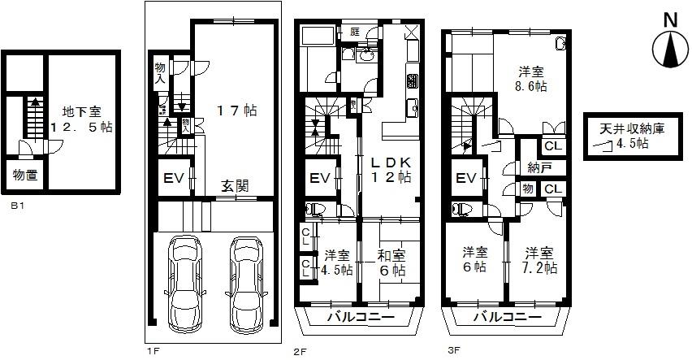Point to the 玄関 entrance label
point(236,185)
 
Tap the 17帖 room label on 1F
point(235,108)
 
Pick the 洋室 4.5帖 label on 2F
point(335,262)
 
